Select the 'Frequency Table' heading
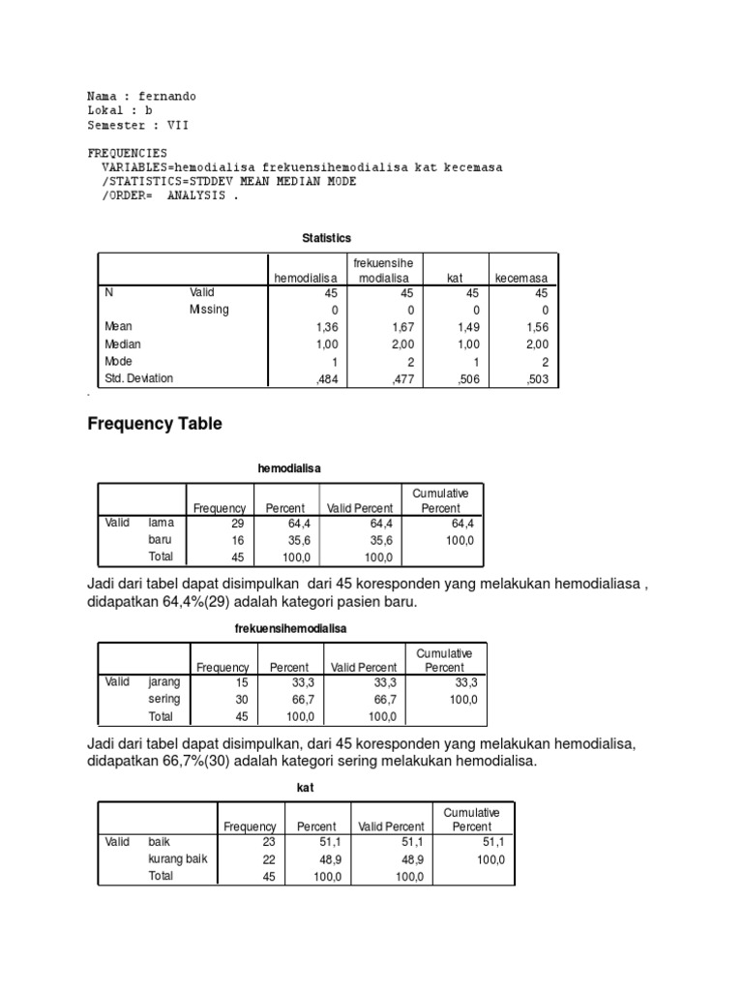pos(155,423)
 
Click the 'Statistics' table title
pos(327,237)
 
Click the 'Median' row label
pos(123,345)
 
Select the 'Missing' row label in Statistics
pos(209,310)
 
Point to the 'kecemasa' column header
pos(520,278)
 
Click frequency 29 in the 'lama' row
pos(238,523)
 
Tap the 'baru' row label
pos(161,540)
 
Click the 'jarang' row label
pos(164,681)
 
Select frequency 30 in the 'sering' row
pos(242,699)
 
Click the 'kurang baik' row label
pos(177,858)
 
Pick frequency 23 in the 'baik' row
pos(269,842)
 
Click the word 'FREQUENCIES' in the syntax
pos(128,153)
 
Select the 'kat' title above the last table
pos(305,788)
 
